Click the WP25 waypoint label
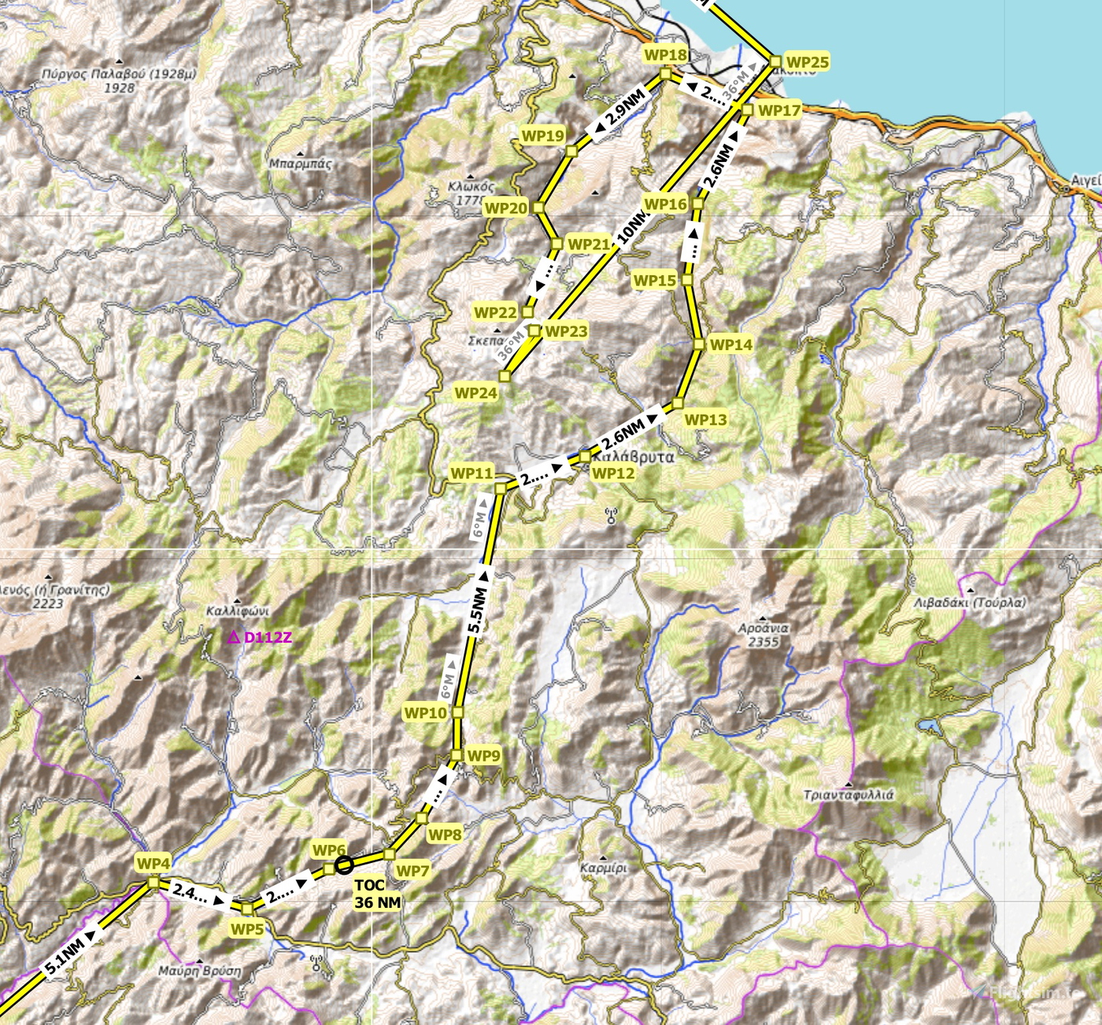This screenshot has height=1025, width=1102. pos(807,62)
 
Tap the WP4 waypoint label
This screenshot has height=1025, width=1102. pos(153,863)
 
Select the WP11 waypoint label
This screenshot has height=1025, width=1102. pos(471,473)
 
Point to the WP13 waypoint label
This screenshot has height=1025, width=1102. pos(705,419)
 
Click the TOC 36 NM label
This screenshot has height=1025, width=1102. pos(377,894)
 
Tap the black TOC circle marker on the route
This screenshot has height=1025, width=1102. pos(344,865)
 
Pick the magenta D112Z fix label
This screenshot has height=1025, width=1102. pos(260,637)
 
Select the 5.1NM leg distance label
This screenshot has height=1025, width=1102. pos(65,954)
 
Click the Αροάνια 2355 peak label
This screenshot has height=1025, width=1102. pos(763,635)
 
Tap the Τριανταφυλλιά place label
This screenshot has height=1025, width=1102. pos(849,795)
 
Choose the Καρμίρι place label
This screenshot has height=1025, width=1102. pos(604,868)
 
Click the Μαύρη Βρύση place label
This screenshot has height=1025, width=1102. pos(200,971)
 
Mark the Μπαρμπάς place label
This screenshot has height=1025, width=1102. pos(301,164)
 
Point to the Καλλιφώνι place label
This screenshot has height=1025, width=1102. pos(237,610)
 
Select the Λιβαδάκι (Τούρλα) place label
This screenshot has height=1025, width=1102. pos(970,603)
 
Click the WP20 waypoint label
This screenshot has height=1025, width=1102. pos(505,208)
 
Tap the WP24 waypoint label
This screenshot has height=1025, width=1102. pos(475,393)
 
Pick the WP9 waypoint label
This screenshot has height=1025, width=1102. pos(483,755)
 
